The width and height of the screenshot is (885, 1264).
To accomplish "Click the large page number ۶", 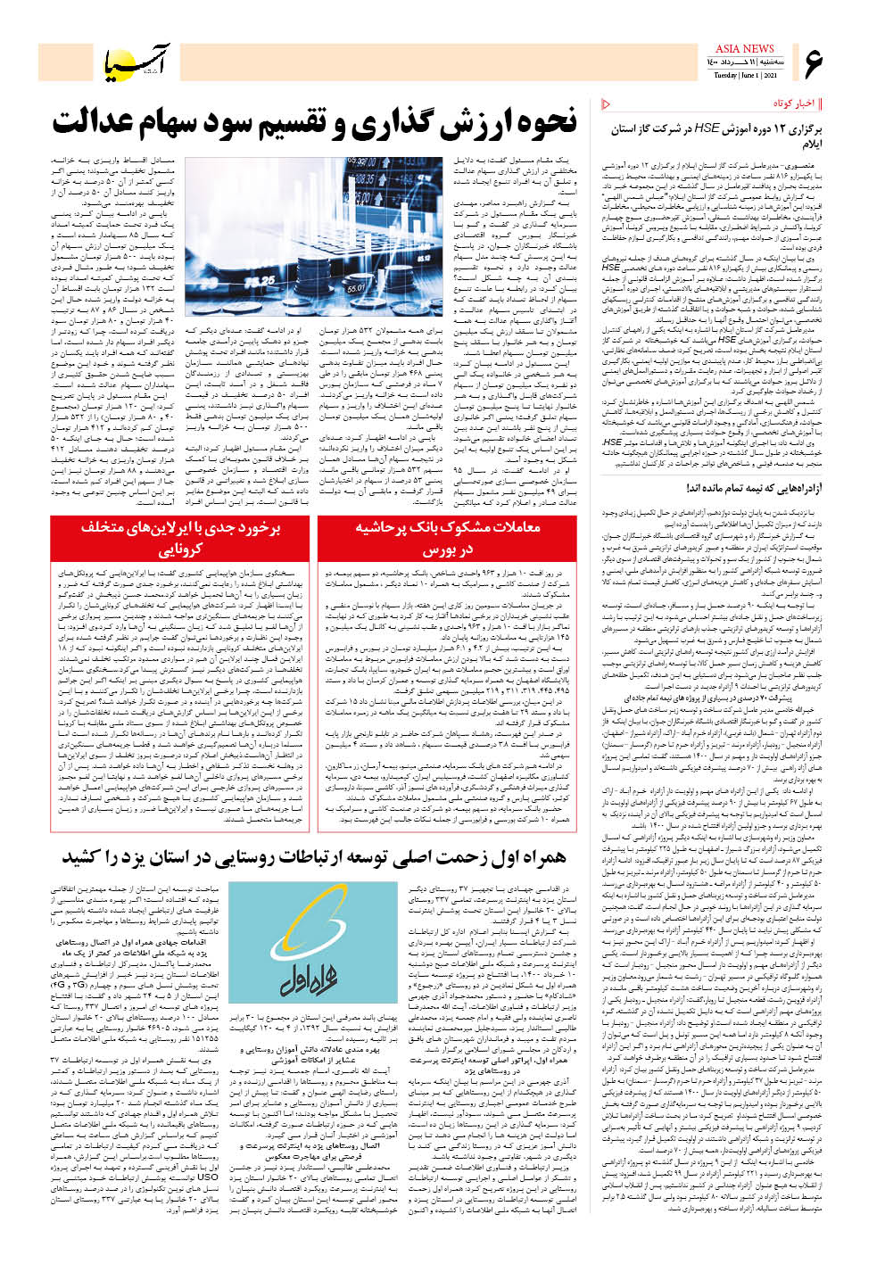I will coord(813,63).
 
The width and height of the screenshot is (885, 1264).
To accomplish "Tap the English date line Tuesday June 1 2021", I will coord(746,76).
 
